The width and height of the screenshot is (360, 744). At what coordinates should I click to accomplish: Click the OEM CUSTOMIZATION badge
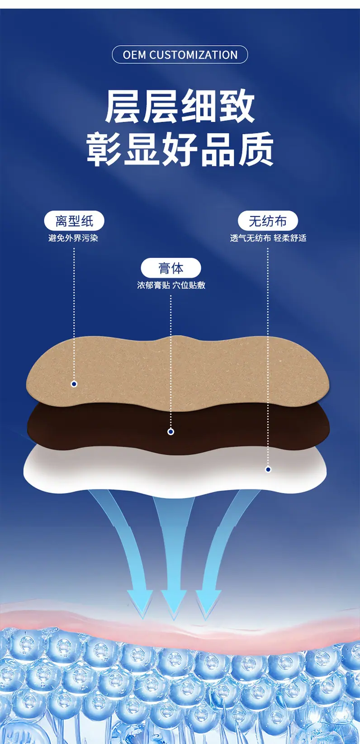pyautogui.click(x=180, y=54)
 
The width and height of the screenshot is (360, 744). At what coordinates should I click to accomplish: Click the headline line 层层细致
pyautogui.click(x=180, y=106)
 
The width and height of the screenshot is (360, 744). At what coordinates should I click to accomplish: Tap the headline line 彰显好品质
pyautogui.click(x=180, y=149)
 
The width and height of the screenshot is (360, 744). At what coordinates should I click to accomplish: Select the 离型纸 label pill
pyautogui.click(x=74, y=221)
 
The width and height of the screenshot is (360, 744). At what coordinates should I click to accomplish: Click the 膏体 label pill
pyautogui.click(x=171, y=268)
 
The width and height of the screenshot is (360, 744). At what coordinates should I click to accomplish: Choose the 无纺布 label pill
pyautogui.click(x=268, y=221)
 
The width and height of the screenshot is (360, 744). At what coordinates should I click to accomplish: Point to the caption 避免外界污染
pyautogui.click(x=73, y=238)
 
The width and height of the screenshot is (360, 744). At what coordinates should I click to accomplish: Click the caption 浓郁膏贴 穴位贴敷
pyautogui.click(x=171, y=285)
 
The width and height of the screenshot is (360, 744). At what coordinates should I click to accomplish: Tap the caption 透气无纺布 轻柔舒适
pyautogui.click(x=268, y=238)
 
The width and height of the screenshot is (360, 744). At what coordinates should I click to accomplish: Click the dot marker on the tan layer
pyautogui.click(x=74, y=384)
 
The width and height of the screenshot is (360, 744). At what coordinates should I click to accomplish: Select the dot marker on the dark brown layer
pyautogui.click(x=171, y=432)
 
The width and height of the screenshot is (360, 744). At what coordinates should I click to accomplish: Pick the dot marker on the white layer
pyautogui.click(x=268, y=469)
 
